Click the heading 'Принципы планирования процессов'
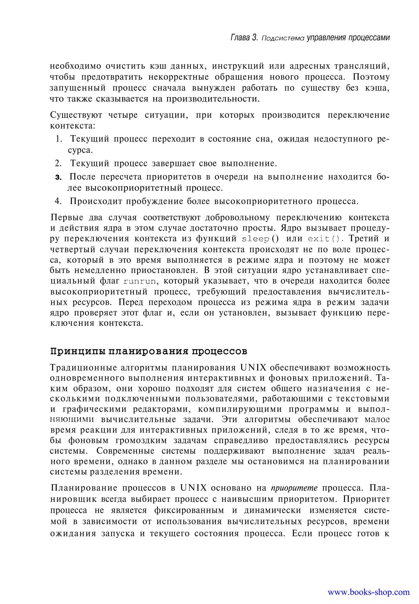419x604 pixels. click(148, 351)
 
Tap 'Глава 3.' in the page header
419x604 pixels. click(244, 38)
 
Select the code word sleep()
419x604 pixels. click(260, 239)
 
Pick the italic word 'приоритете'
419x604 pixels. click(294, 488)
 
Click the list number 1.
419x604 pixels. click(58, 139)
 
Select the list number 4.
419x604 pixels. click(58, 202)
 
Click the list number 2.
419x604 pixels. click(58, 163)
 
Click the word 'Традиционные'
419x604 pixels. click(83, 368)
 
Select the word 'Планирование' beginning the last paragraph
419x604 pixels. click(84, 488)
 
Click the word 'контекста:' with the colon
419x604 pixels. click(72, 126)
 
